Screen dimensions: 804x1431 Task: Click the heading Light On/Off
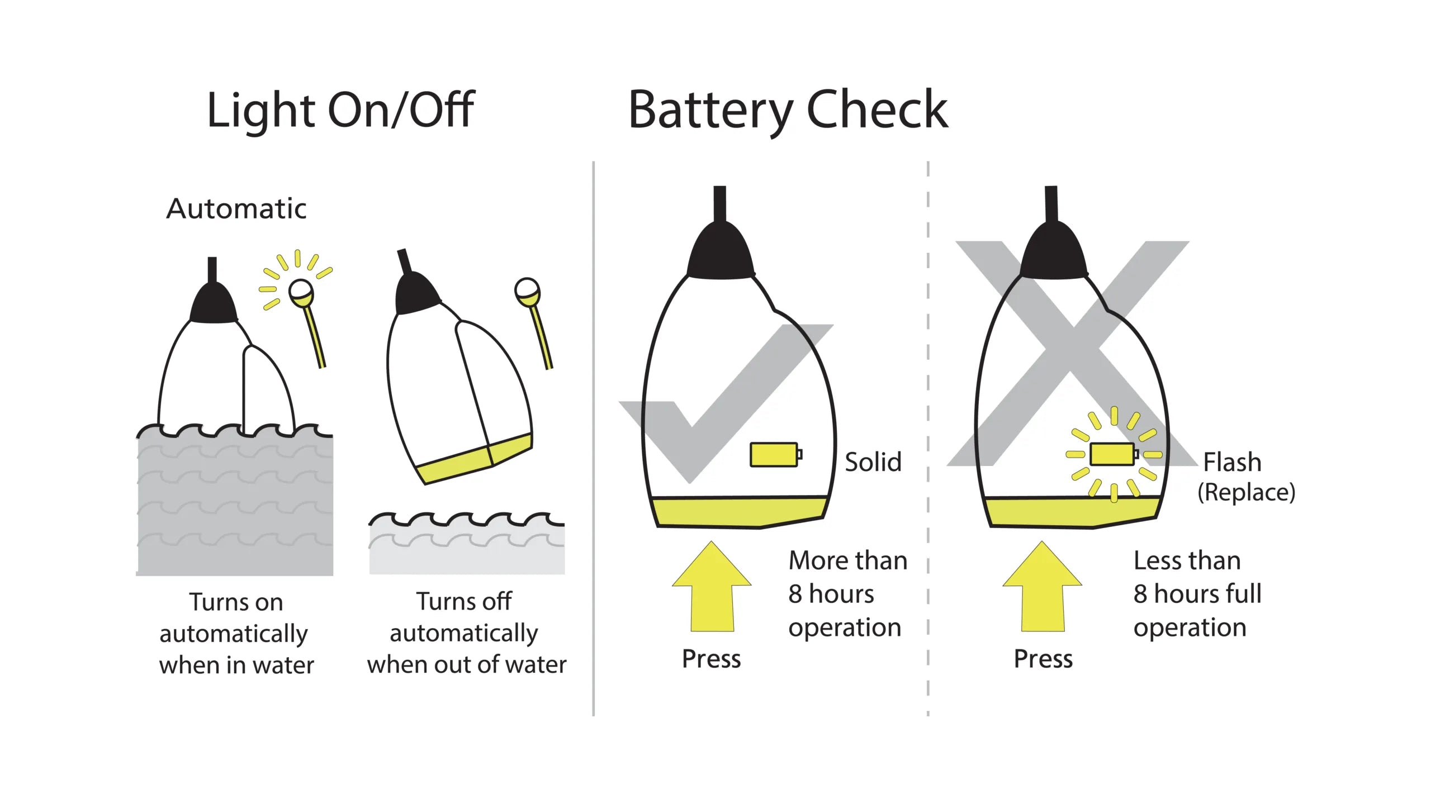pos(340,110)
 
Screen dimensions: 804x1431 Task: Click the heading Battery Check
pos(788,110)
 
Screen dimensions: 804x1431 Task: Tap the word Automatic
pos(236,209)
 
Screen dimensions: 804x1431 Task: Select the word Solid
pos(873,462)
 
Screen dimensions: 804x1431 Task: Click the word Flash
pos(1232,462)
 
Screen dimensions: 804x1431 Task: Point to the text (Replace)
pos(1246,492)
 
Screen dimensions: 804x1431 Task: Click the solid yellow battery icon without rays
pos(775,454)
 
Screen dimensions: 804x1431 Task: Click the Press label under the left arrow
pos(711,659)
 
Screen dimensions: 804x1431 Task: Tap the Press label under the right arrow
pos(1043,659)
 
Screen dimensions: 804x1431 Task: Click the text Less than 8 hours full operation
pos(1196,593)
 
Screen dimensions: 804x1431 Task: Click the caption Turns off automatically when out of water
pos(466,633)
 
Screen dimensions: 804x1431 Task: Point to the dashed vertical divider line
pos(928,436)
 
